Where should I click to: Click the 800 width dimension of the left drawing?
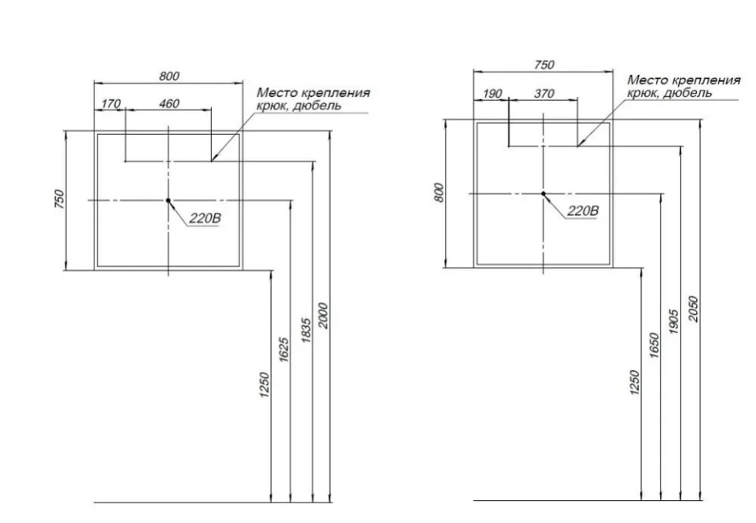(x=169, y=76)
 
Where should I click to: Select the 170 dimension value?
(x=111, y=104)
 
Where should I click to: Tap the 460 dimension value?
(x=169, y=104)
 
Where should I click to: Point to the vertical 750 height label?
(x=59, y=199)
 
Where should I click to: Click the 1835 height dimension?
(x=306, y=330)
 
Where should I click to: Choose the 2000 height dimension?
(x=324, y=316)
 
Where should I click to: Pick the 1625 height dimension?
(x=284, y=350)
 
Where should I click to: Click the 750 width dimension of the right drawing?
(x=544, y=65)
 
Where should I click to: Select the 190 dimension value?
(x=492, y=94)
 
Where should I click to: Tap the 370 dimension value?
(x=544, y=94)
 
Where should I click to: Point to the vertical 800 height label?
(x=439, y=193)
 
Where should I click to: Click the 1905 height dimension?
(x=674, y=321)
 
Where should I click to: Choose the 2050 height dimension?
(x=693, y=310)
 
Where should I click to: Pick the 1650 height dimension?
(x=654, y=345)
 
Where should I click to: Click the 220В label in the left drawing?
(x=205, y=218)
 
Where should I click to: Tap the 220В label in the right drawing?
(x=583, y=210)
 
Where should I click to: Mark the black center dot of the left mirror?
(x=169, y=200)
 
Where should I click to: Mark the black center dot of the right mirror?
(x=543, y=194)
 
